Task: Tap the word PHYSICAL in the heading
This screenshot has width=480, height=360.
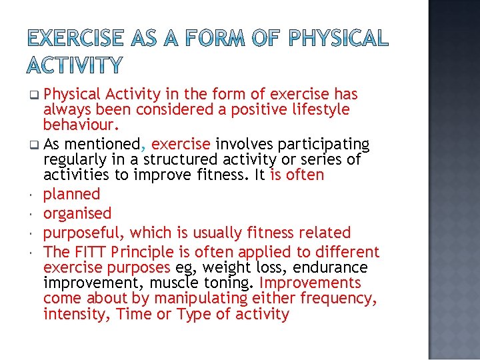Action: (339, 38)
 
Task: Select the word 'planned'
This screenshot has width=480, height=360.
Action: (71, 194)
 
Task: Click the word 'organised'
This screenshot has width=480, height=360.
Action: (77, 213)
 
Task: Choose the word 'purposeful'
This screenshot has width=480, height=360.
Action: (84, 233)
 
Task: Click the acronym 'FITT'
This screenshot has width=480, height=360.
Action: (91, 252)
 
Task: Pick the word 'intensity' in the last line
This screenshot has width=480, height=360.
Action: (74, 314)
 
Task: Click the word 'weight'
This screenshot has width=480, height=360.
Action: (221, 267)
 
